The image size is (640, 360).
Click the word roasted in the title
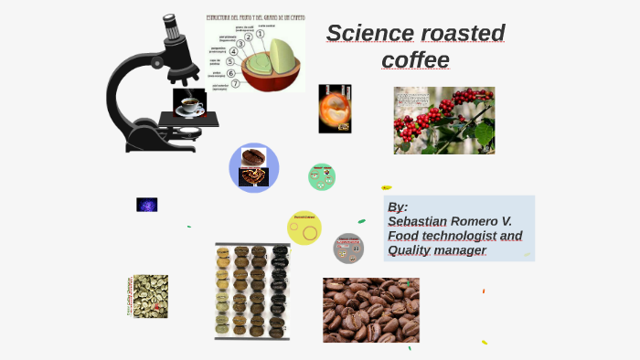tap(463, 34)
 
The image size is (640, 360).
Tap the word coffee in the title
tap(416, 60)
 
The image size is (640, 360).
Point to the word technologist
tap(454, 236)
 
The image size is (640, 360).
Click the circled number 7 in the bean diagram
tap(235, 83)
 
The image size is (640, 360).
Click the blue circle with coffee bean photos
tap(253, 168)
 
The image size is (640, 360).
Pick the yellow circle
tap(304, 228)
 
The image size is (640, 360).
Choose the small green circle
tap(322, 176)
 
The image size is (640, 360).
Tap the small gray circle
tap(348, 247)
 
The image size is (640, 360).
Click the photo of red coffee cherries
tap(444, 121)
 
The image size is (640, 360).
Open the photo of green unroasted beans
tap(149, 296)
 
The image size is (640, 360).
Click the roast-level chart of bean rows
tap(252, 291)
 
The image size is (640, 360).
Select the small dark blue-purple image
tap(147, 205)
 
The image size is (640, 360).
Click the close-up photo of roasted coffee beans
tap(371, 310)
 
